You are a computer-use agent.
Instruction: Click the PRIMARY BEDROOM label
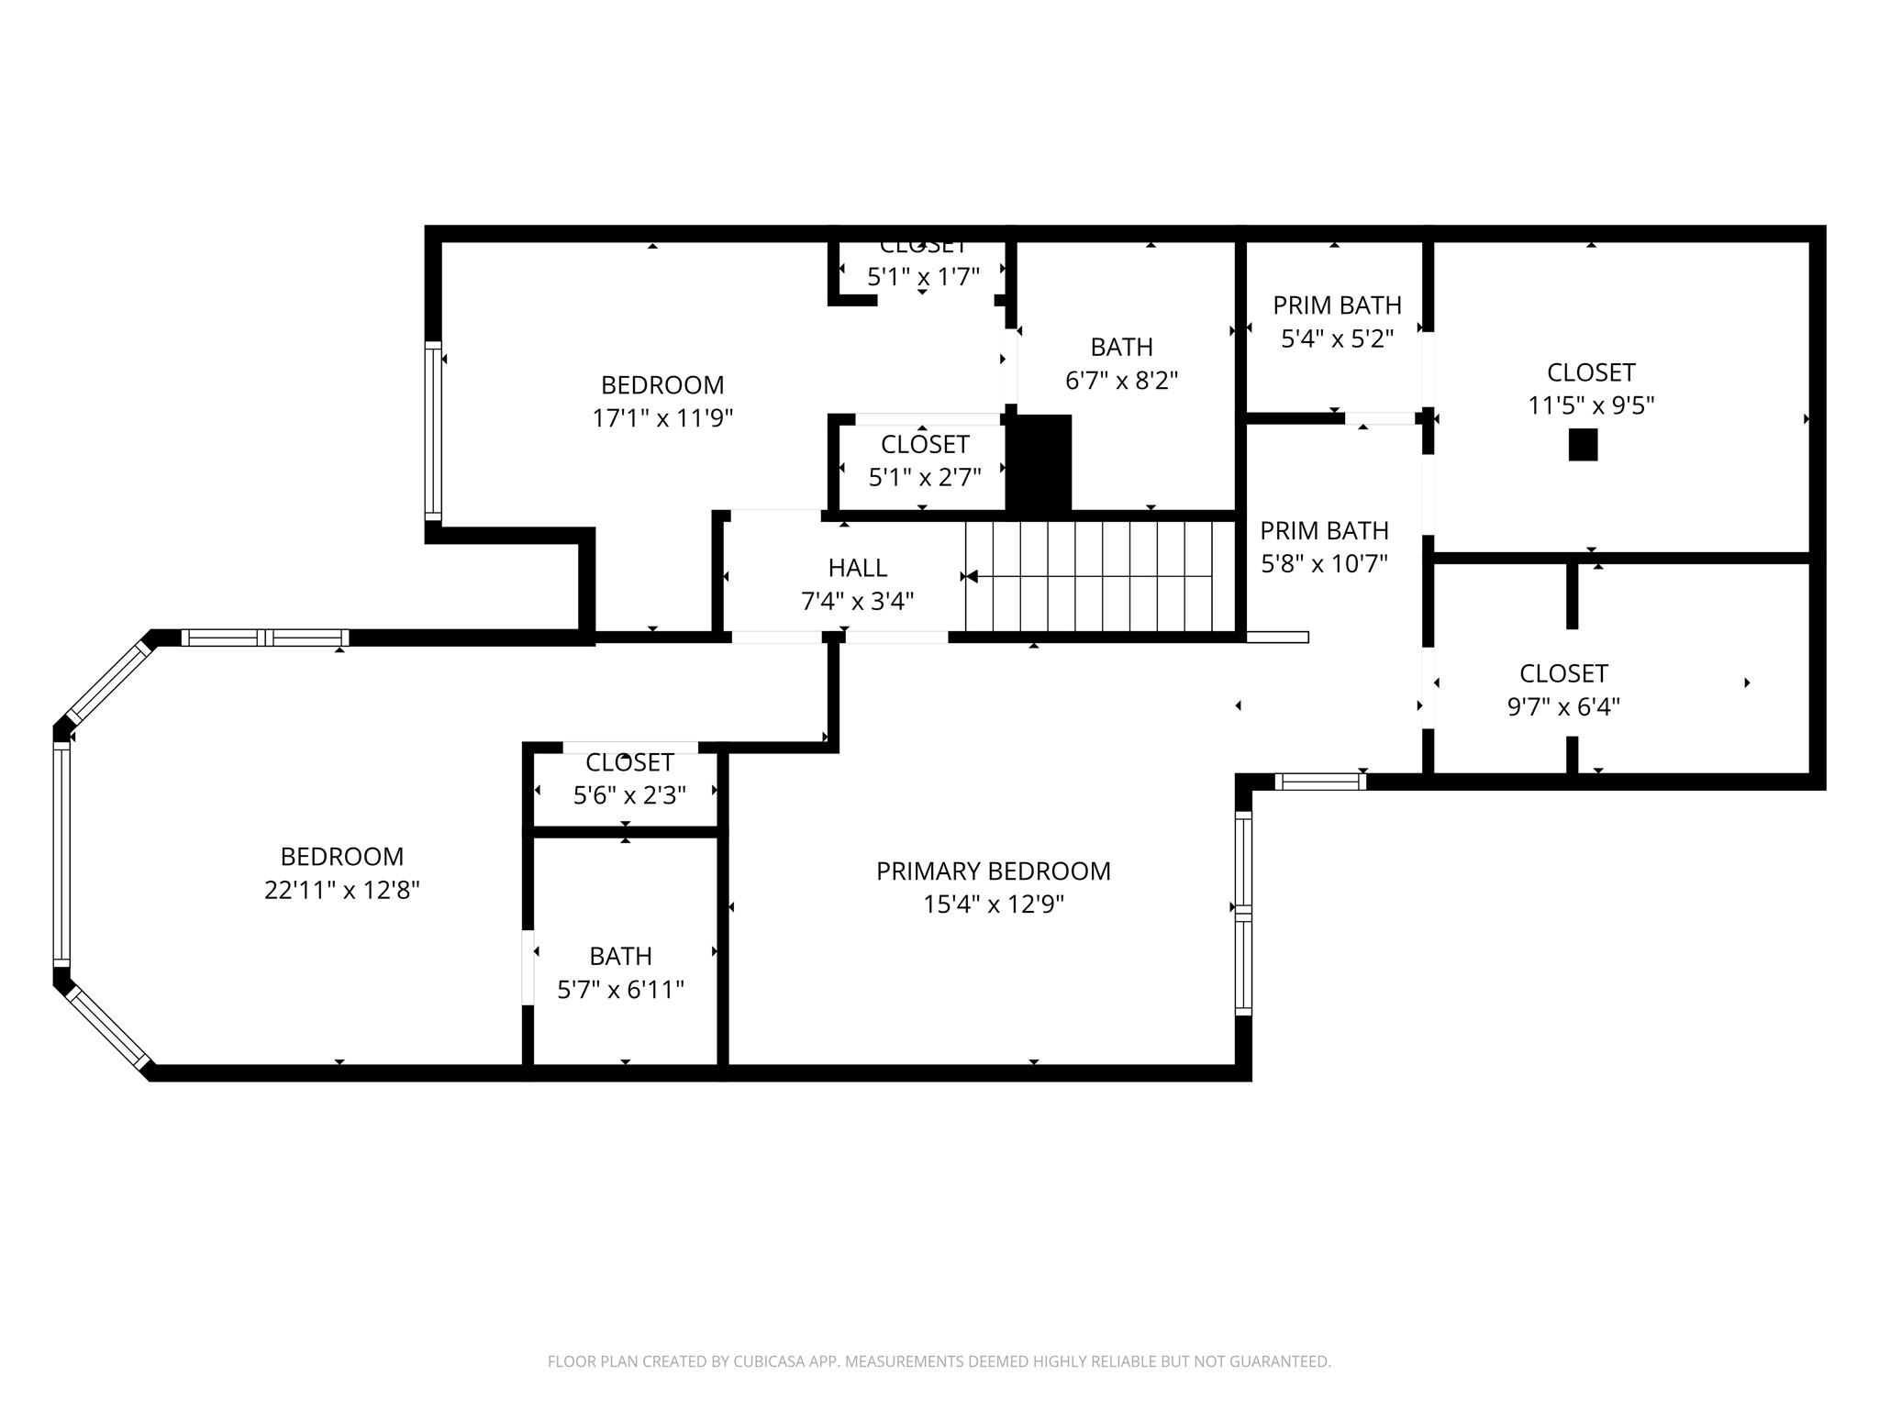point(993,871)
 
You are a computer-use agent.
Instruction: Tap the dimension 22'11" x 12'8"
point(341,890)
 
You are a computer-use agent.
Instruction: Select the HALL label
point(857,568)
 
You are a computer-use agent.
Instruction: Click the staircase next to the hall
point(1101,576)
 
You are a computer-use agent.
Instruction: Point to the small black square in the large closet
point(1583,445)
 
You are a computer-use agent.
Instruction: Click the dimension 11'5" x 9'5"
point(1590,405)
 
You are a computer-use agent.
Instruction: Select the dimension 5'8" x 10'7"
point(1324,563)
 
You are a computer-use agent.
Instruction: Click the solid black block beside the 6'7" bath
point(1040,461)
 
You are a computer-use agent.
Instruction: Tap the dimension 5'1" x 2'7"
point(925,477)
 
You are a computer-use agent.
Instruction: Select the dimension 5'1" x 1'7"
point(923,276)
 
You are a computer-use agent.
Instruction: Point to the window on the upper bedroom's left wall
point(433,431)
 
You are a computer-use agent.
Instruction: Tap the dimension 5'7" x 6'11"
point(621,989)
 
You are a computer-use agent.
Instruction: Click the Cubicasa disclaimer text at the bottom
point(939,1361)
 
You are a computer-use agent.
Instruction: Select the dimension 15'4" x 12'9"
point(993,904)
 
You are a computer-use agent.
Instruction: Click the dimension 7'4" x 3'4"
point(857,602)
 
